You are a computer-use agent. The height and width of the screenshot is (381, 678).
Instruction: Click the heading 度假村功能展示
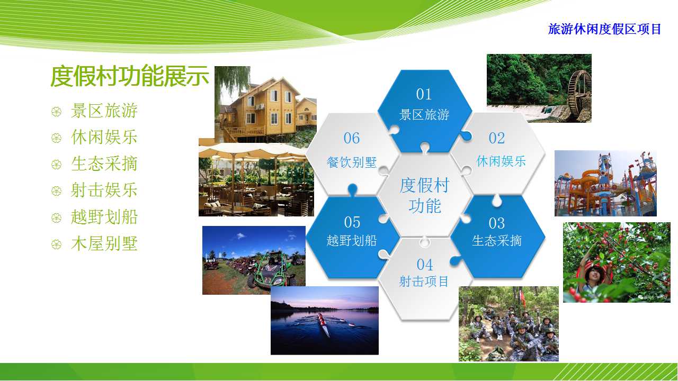coord(130,76)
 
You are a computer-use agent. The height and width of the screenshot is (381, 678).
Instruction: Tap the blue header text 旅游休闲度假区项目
coord(604,29)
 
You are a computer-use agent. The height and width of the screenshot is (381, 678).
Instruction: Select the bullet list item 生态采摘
coord(104,164)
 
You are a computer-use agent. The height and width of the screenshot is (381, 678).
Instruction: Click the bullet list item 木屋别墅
coord(104,243)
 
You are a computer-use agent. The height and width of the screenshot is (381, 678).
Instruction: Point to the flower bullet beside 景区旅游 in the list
coord(56,112)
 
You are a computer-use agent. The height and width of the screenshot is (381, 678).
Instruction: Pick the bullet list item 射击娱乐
coord(104,190)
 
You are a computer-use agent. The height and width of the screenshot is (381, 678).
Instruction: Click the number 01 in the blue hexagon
coord(424,94)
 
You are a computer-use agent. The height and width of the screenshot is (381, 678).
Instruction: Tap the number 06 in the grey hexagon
coord(352,138)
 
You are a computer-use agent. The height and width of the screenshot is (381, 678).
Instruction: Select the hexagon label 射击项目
coord(424,282)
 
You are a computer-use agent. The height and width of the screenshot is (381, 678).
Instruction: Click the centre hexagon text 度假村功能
coord(424,195)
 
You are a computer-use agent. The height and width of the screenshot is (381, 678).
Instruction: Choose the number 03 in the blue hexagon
coord(497,223)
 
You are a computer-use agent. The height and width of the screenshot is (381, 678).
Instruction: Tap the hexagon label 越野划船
coord(352,241)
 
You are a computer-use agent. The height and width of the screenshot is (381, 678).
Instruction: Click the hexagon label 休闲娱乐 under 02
coord(501,161)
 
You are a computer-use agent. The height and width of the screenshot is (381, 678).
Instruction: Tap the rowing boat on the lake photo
coord(323,324)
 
